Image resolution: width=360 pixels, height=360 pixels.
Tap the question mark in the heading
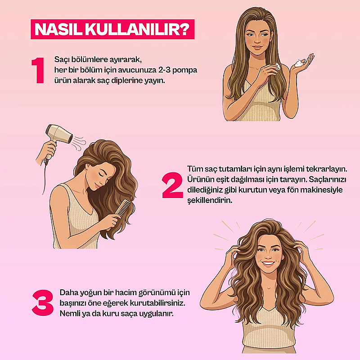[185, 29]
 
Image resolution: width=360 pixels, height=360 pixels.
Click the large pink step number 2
[173, 185]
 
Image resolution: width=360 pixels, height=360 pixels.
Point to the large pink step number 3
[43, 302]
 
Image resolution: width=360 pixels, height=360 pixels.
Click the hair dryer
[58, 138]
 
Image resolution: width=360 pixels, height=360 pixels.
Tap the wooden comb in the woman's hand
[123, 208]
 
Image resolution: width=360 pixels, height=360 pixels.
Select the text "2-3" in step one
[164, 70]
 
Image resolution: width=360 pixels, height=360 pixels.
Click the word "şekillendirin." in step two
[210, 200]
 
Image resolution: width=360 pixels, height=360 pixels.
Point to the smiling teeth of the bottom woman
[269, 263]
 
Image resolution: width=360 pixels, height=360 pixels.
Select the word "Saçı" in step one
[62, 60]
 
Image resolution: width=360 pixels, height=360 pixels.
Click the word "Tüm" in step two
[195, 169]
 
